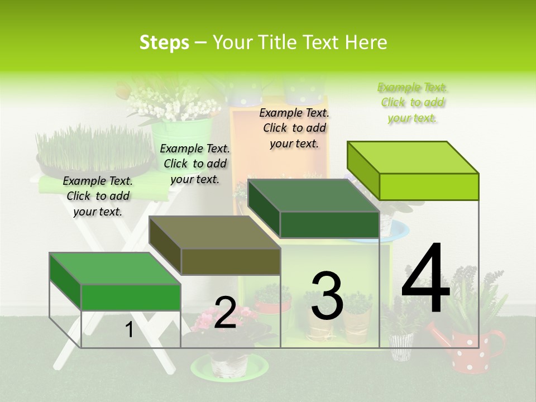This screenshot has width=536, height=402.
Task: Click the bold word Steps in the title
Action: pos(164,42)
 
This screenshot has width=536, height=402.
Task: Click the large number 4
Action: pos(425,280)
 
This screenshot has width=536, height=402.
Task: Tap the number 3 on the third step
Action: pos(327,296)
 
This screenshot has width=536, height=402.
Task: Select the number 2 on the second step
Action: pos(225,313)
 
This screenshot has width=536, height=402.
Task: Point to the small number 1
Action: pos(129,330)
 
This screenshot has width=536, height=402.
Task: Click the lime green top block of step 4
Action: pos(413,171)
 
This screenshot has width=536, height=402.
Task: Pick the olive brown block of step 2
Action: pos(215,246)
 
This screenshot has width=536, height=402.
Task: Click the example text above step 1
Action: pos(98,196)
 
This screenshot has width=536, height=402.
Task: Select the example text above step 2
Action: pos(195,164)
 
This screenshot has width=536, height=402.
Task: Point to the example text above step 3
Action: pos(294,128)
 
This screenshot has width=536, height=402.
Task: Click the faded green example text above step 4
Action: pos(413,103)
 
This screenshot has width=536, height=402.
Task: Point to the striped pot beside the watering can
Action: pos(400,346)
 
